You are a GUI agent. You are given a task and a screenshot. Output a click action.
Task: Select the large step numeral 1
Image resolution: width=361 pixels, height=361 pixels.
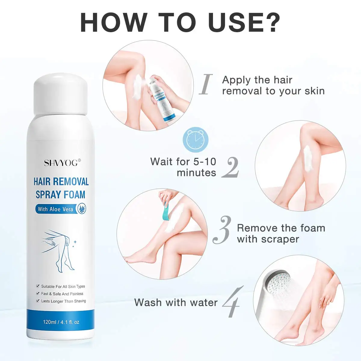206,85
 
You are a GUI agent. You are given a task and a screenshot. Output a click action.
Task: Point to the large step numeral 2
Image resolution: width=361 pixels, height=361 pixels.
230,167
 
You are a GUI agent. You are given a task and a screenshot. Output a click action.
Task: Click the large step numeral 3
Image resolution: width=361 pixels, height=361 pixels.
222,230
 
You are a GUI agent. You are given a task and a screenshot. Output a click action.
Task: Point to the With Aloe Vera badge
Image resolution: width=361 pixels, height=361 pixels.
60,209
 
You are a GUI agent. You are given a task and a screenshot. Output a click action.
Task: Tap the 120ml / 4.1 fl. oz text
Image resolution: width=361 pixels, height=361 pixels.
61,322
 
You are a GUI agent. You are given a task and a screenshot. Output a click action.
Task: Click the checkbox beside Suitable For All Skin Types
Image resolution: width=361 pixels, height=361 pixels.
38,286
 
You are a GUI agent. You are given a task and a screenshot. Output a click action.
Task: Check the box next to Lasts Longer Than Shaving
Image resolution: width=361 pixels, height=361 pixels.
38,301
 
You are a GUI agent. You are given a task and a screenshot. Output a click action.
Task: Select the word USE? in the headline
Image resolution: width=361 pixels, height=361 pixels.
244,23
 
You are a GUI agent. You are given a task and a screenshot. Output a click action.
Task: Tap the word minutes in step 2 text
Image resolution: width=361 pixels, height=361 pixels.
196,173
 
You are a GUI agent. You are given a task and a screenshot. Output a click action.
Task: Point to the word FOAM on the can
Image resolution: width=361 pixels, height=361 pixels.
74,195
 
